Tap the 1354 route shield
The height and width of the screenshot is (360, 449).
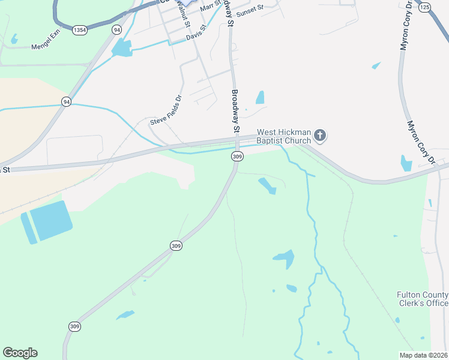pos(79,29)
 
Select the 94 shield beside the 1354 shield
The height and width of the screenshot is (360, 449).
pos(116,29)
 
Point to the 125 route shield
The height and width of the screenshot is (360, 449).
pos(425,7)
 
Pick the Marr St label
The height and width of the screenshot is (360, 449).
pos(210,6)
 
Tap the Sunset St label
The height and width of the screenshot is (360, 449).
pos(250,9)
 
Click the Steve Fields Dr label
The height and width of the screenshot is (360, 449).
pos(166,111)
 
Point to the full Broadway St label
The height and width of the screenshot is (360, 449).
pos(235,112)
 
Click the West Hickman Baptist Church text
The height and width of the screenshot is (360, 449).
pos(283,136)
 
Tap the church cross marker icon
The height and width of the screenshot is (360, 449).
pos(320,136)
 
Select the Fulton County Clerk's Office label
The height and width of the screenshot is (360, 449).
pos(423,299)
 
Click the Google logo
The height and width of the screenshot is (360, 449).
pos(20,353)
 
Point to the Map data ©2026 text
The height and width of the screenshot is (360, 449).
pos(424,355)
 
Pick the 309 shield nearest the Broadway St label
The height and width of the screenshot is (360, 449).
pos(237,156)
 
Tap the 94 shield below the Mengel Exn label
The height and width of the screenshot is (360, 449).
pos(66,102)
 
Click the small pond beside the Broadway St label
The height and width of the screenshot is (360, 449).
pos(260,97)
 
